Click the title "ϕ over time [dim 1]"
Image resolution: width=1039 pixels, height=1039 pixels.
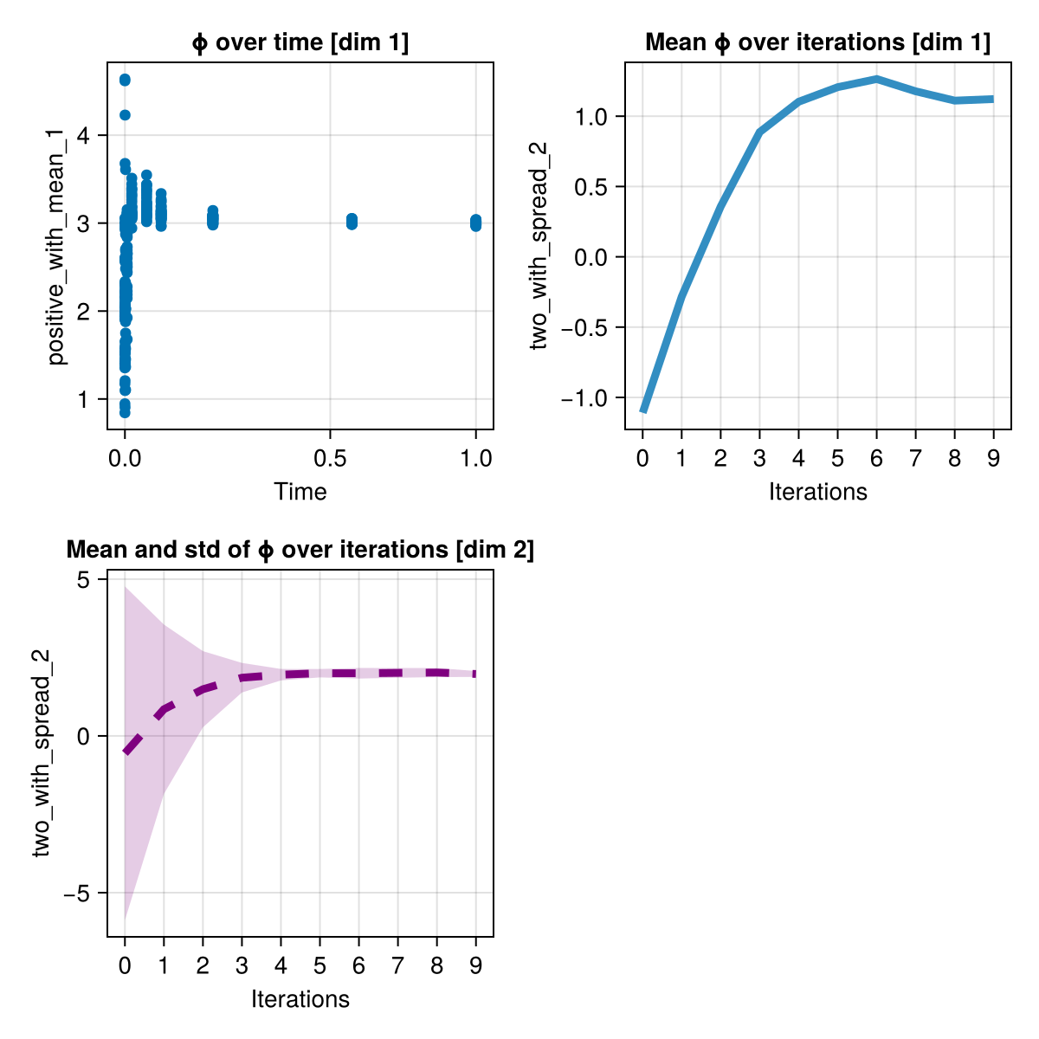(x=300, y=42)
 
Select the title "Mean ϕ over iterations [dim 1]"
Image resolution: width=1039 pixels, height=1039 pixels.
(x=817, y=42)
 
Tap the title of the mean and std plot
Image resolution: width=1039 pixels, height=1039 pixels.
(x=300, y=550)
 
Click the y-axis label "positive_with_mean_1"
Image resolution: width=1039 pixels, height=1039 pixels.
(x=57, y=246)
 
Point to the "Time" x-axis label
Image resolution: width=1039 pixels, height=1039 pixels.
(x=300, y=492)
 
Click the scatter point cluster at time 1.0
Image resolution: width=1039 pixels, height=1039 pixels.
(x=476, y=223)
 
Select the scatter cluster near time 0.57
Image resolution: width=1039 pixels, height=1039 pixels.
(x=352, y=222)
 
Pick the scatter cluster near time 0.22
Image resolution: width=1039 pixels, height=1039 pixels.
(x=212, y=218)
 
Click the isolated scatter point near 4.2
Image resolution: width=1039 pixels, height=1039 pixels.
(x=125, y=115)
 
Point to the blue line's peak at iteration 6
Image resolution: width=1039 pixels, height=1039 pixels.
(x=876, y=79)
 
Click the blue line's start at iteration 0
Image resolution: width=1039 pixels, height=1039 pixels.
(x=642, y=410)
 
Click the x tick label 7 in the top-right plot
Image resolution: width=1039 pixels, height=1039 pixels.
(x=915, y=458)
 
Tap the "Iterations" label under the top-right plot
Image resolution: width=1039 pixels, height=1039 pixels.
(x=817, y=492)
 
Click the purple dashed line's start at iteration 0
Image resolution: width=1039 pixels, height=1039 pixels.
(x=126, y=752)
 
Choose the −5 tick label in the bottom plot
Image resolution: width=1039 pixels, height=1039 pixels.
(x=81, y=893)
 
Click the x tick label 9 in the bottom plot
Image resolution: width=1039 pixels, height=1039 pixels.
(x=475, y=965)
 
